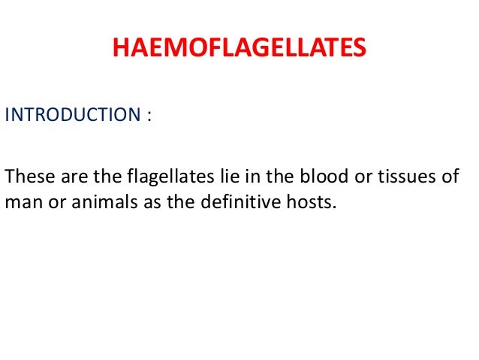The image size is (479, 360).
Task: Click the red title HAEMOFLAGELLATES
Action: tap(239, 49)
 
